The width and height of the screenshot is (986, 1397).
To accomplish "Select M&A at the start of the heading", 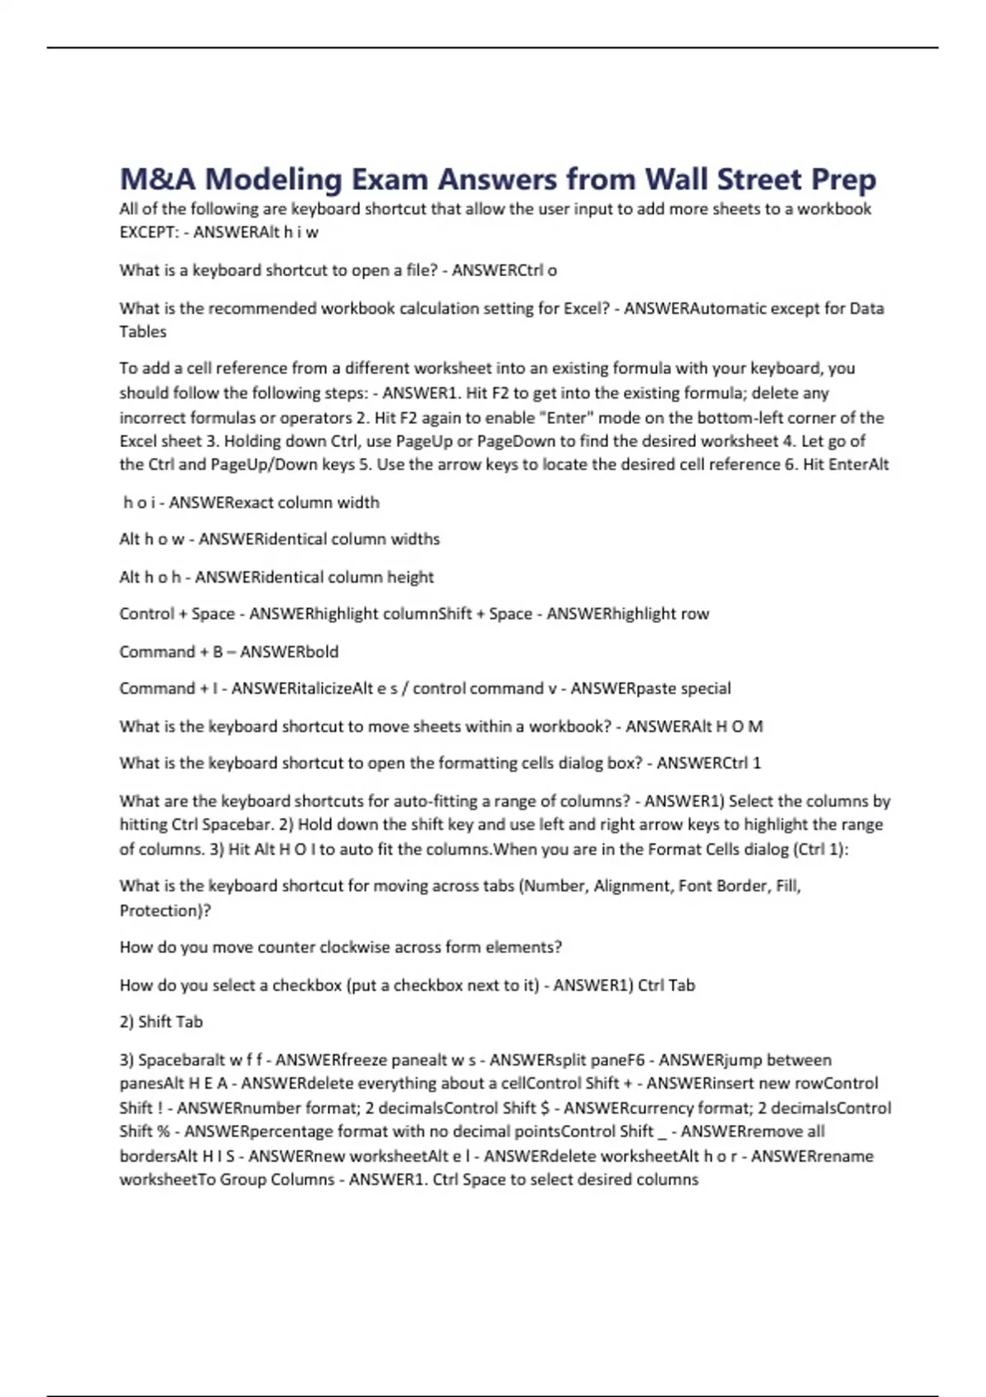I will [157, 179].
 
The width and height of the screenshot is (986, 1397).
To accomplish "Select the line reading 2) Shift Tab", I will [161, 1021].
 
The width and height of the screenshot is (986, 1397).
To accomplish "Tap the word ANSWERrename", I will [812, 1156].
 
